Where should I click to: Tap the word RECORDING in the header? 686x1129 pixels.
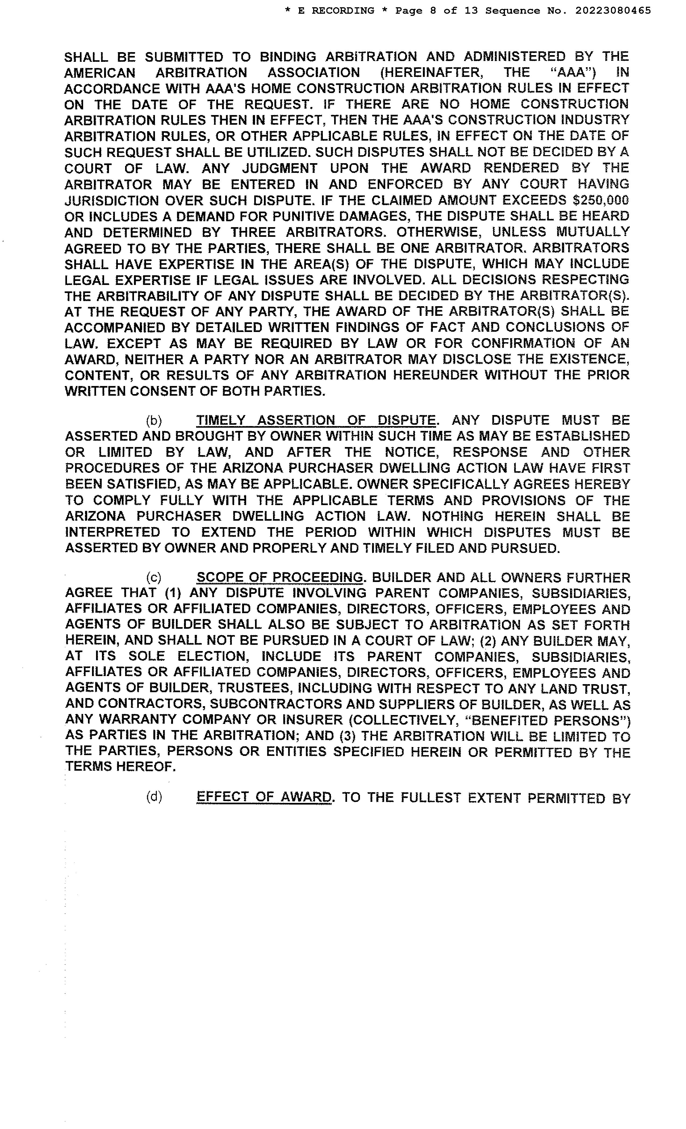coord(342,10)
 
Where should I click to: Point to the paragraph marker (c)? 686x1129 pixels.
coord(154,577)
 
